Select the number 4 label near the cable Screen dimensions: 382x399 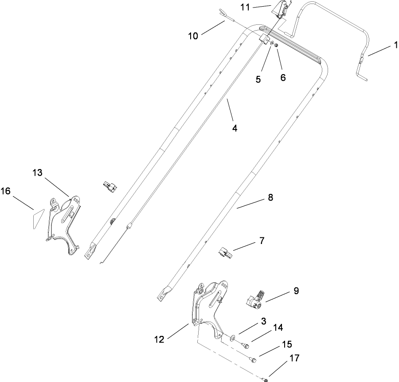click(x=235, y=128)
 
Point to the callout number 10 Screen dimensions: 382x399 click(x=194, y=35)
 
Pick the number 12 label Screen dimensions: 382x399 click(x=160, y=339)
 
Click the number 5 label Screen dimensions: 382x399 click(x=258, y=79)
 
